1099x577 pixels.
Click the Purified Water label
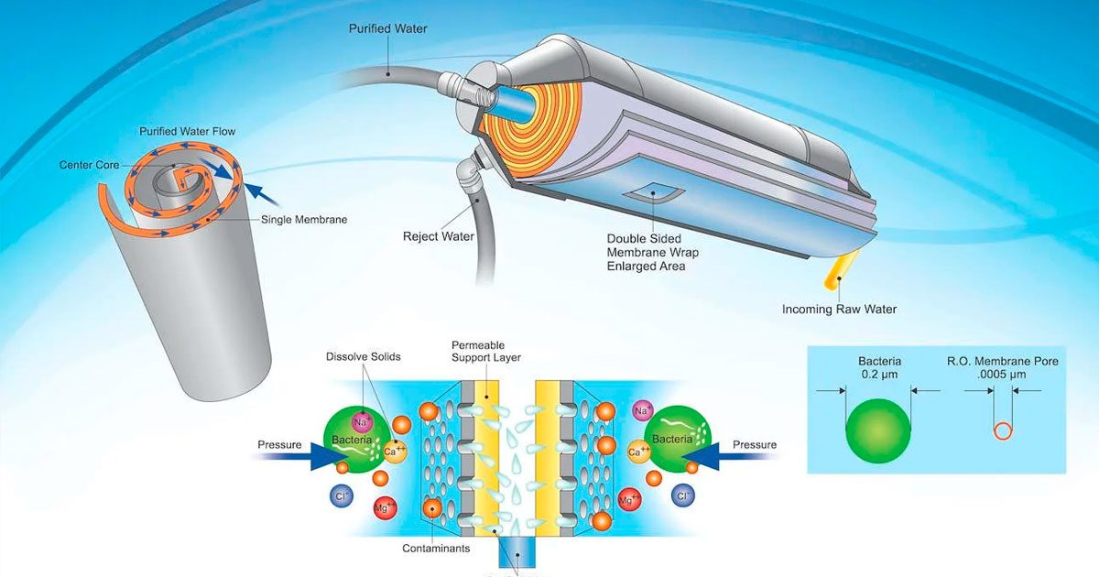pos(387,28)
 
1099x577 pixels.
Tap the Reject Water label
pos(439,236)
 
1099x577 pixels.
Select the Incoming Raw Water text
pos(839,309)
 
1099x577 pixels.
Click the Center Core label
pos(89,165)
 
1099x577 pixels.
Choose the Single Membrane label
pos(304,219)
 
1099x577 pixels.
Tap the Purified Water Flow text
pos(187,131)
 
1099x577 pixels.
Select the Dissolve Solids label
pos(364,356)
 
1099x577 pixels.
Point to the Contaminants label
pos(436,549)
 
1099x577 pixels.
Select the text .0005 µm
pos(1003,376)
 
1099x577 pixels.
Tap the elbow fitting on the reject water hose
pos(470,174)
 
